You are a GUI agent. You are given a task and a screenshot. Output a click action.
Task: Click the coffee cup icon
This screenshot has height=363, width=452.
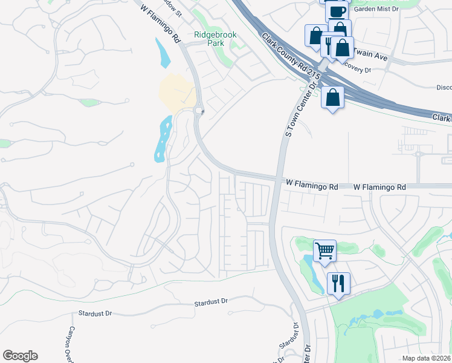337,11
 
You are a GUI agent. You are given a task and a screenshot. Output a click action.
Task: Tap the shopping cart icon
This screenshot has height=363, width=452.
324,249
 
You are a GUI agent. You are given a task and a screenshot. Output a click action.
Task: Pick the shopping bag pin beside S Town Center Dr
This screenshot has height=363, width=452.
333,96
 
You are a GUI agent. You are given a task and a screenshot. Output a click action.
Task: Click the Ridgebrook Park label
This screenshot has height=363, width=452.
215,39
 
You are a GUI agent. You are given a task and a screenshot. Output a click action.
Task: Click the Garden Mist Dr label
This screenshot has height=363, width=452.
378,9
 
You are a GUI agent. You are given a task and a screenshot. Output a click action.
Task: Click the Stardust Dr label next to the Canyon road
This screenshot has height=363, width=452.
96,313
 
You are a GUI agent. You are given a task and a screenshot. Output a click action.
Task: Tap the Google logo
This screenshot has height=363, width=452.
20,356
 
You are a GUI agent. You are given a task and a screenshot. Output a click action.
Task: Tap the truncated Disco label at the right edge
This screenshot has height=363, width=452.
444,87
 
